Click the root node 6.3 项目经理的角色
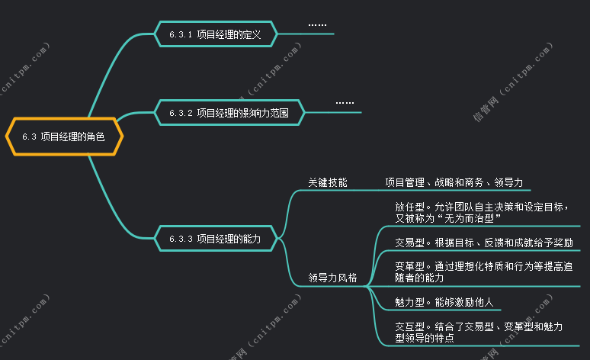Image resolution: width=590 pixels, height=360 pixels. pyautogui.click(x=63, y=137)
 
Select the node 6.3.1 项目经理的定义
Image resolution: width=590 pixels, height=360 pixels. pyautogui.click(x=214, y=34)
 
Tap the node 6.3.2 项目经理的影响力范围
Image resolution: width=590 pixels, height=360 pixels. pyautogui.click(x=229, y=113)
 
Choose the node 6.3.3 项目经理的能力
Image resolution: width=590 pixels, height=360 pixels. pyautogui.click(x=214, y=239)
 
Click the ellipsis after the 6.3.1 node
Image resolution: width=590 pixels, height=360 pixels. pyautogui.click(x=317, y=26)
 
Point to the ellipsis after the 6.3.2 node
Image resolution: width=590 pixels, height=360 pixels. pyautogui.click(x=345, y=103)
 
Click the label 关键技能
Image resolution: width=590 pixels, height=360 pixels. pyautogui.click(x=327, y=182)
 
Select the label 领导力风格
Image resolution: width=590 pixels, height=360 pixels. pyautogui.click(x=332, y=278)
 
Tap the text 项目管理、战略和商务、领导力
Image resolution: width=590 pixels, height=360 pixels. pyautogui.click(x=454, y=182)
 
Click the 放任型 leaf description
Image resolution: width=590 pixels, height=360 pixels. pyautogui.click(x=482, y=212)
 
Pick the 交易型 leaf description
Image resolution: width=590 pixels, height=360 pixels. pyautogui.click(x=483, y=243)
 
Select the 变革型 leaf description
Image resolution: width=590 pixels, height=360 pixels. pyautogui.click(x=483, y=272)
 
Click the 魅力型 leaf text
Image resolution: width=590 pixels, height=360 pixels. pyautogui.click(x=444, y=302)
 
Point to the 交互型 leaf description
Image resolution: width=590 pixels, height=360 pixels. pyautogui.click(x=479, y=332)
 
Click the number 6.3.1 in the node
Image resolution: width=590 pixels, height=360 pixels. pyautogui.click(x=181, y=34)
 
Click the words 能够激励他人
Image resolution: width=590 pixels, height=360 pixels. pyautogui.click(x=464, y=302)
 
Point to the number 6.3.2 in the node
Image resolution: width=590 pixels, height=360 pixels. pyautogui.click(x=181, y=113)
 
